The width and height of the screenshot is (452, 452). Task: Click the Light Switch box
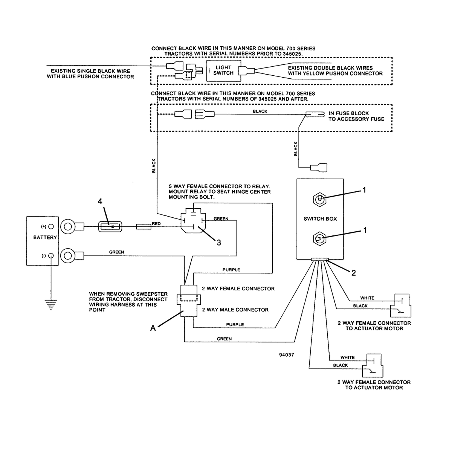(x=223, y=70)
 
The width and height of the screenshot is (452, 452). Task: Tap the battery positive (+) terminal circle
(x=51, y=226)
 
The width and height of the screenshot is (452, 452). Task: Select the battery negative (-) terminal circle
(x=51, y=256)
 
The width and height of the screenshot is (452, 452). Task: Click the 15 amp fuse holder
(x=110, y=227)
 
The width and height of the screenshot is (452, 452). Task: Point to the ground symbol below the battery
(x=51, y=305)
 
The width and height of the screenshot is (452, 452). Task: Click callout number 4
(x=100, y=201)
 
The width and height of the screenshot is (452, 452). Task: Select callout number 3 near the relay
(x=218, y=243)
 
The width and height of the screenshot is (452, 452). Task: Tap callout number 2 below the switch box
(x=353, y=273)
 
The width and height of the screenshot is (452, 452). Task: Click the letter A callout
(x=153, y=328)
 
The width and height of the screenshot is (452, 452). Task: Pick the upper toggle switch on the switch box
(x=319, y=199)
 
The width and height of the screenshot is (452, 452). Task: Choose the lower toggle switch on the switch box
(x=319, y=239)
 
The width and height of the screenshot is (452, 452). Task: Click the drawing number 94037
(x=287, y=355)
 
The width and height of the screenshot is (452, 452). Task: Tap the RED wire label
(x=156, y=223)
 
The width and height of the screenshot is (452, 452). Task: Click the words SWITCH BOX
(x=320, y=219)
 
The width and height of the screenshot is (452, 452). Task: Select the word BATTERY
(x=45, y=237)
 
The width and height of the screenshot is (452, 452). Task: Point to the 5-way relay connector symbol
(x=193, y=220)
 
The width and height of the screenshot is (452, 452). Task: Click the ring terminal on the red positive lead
(x=68, y=227)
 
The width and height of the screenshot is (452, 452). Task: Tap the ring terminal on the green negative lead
(x=68, y=256)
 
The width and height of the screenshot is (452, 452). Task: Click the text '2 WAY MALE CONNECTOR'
(x=235, y=310)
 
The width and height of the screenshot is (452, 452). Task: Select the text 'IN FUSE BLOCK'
(x=348, y=113)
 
